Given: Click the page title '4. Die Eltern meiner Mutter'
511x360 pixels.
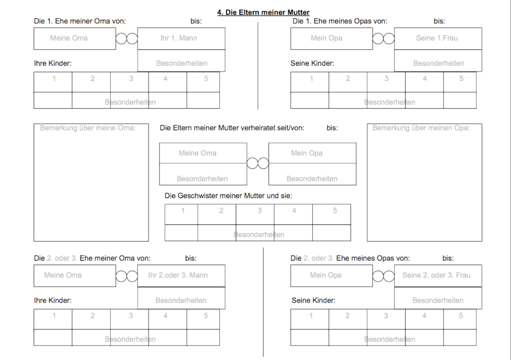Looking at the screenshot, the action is click(x=264, y=12).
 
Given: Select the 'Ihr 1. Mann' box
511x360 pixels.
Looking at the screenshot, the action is click(x=181, y=38).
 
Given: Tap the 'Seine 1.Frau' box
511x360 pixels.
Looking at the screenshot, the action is click(x=438, y=38).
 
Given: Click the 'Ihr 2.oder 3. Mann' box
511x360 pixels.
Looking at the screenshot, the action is click(x=181, y=276).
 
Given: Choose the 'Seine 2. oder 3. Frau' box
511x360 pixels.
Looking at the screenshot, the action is click(x=438, y=276).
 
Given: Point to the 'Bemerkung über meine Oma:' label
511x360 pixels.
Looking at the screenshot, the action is click(x=88, y=128).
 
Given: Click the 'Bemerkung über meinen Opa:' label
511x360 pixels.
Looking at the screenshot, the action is click(x=421, y=128).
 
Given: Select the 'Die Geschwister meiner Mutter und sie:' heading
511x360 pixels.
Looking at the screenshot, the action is click(x=228, y=196).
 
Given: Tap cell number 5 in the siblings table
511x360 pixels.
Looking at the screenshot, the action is click(x=331, y=214).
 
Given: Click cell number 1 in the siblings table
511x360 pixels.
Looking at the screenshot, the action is click(x=181, y=214).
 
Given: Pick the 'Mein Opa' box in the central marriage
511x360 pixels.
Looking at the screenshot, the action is click(x=312, y=153).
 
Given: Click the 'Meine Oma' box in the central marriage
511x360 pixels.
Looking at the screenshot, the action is click(x=203, y=153).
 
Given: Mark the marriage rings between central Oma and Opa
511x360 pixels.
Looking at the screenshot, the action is click(x=258, y=163).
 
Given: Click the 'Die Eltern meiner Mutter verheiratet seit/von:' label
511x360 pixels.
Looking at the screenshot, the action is click(x=232, y=128).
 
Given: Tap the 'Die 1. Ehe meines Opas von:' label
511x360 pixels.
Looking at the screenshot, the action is click(x=340, y=21).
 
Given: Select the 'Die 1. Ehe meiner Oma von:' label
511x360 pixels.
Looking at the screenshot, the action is click(x=80, y=21).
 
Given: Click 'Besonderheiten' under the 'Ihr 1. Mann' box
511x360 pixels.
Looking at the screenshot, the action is click(x=182, y=63).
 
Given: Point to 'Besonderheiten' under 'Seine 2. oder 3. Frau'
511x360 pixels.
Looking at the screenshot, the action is click(x=438, y=300).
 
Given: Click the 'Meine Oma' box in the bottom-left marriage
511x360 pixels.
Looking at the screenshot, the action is click(x=75, y=276).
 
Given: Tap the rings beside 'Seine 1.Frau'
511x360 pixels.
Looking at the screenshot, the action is click(x=383, y=38).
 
